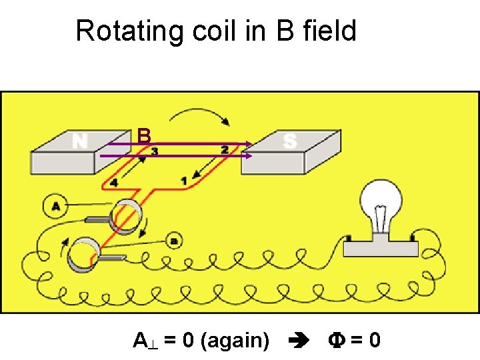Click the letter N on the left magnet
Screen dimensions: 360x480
pos(80,141)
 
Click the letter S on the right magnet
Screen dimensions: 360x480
pos(289,141)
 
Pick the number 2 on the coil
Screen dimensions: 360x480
pos(225,151)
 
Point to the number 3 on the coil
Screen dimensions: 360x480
pos(155,152)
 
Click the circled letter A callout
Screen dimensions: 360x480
pos(55,207)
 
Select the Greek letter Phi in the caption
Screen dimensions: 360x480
pos(335,341)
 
